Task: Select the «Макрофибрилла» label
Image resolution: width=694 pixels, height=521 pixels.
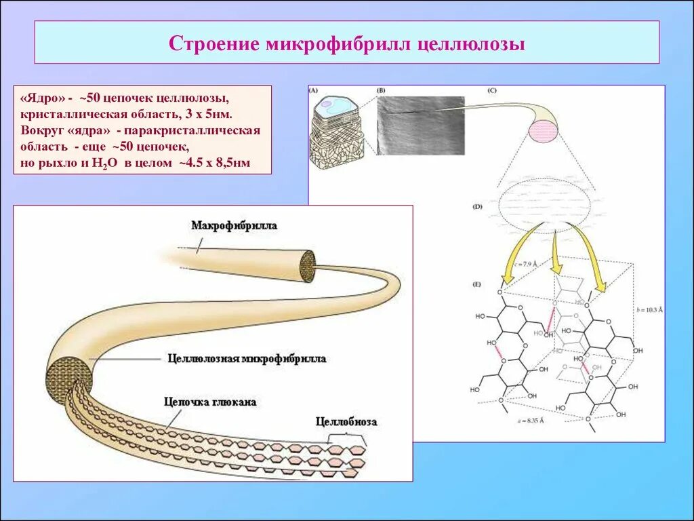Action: tap(234, 226)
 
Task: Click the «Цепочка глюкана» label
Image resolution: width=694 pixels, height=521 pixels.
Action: tap(210, 402)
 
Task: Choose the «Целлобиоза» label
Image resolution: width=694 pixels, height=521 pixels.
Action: tap(346, 422)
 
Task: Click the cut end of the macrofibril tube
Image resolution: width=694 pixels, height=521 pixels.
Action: tap(308, 265)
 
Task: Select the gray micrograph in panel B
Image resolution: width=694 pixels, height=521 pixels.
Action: tap(420, 125)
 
